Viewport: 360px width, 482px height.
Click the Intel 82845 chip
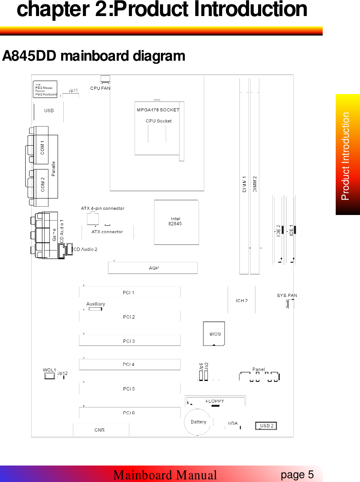point(176,221)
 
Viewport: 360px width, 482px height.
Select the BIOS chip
point(214,334)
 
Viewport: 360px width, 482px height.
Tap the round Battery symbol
point(198,422)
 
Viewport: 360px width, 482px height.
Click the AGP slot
point(153,268)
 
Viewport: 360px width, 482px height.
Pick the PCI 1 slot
point(129,293)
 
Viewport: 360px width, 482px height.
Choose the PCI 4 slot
point(129,365)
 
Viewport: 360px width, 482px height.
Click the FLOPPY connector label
point(215,401)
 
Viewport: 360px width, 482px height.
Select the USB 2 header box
point(266,426)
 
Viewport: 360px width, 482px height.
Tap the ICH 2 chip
point(242,300)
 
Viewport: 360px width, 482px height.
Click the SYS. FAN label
point(287,296)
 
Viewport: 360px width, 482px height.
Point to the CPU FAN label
point(100,88)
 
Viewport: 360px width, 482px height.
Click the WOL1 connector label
point(49,370)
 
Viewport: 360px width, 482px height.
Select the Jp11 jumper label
point(73,91)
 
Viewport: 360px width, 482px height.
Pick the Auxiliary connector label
point(95,304)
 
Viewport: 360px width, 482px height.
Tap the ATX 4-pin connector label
point(103,208)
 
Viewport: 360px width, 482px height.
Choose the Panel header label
point(259,369)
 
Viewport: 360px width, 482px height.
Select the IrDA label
point(232,423)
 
